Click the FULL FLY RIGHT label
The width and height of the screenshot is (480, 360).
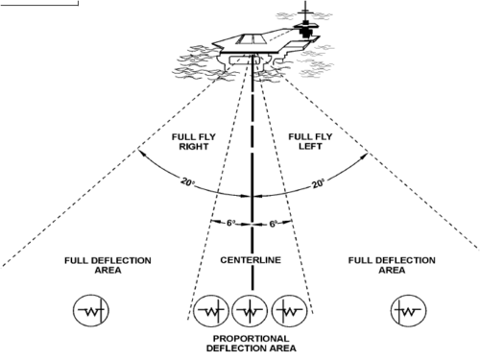coord(194,141)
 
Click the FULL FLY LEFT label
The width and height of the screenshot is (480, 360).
coord(310,141)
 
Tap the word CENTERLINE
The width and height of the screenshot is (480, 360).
coord(251,260)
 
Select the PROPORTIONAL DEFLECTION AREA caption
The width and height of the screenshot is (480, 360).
coord(252,344)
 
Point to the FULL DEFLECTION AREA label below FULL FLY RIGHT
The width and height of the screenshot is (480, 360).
coord(108,265)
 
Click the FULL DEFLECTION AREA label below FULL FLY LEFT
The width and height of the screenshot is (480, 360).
coord(392,265)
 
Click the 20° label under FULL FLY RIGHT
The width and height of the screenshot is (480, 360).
coord(188,182)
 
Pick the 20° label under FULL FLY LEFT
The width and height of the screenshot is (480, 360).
coord(318,183)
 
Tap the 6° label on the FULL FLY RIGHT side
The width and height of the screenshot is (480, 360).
coord(231,223)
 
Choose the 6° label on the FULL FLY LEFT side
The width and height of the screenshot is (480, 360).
coord(273,224)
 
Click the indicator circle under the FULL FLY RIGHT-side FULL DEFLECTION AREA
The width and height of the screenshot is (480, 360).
coord(91,310)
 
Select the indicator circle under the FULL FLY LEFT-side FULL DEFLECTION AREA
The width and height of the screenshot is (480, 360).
coord(409,310)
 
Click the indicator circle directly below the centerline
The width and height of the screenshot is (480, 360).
coord(250,311)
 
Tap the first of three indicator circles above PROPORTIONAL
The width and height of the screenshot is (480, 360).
coord(210,311)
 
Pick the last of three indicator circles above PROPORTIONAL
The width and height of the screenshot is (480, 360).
coord(289,311)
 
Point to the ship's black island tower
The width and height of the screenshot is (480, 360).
coord(305,30)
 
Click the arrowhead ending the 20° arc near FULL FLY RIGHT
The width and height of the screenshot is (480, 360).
coord(142,154)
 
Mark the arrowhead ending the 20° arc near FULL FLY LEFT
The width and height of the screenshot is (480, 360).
coord(364,156)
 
